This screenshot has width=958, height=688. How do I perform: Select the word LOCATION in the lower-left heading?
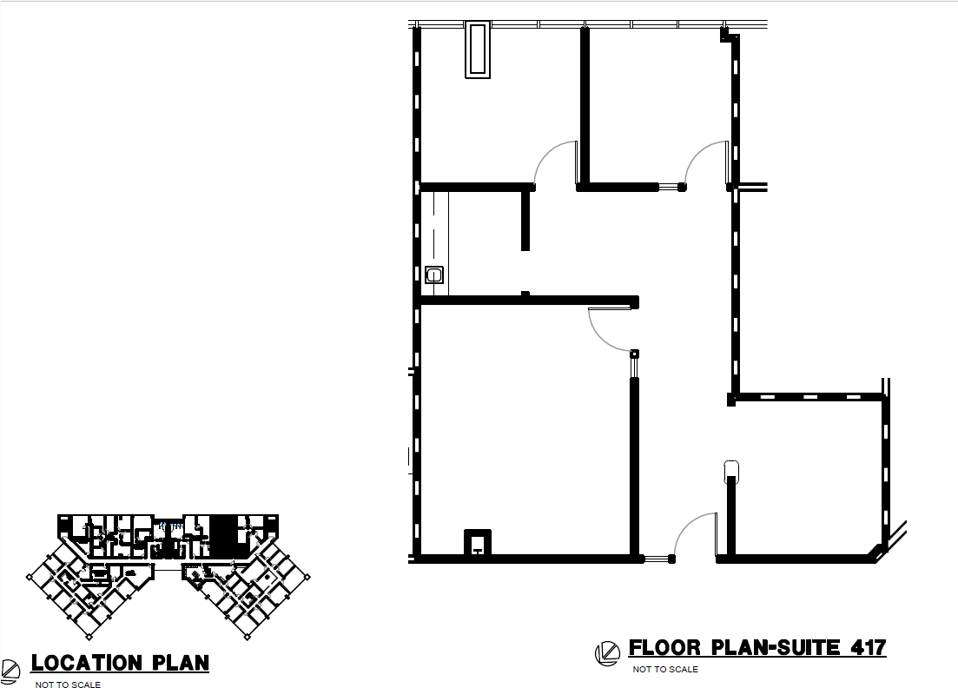[x=86, y=663]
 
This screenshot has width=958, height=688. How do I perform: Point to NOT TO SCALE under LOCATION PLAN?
[x=68, y=685]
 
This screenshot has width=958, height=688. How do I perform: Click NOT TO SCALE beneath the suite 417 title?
[x=665, y=670]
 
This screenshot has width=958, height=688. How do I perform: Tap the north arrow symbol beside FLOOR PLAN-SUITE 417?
[x=607, y=653]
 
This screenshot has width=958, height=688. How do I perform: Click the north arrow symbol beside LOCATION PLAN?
[x=10, y=671]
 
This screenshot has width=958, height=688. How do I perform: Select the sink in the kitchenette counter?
[x=433, y=275]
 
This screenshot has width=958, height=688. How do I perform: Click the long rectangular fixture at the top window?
[x=478, y=50]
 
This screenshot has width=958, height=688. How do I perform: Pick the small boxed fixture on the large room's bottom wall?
[x=478, y=543]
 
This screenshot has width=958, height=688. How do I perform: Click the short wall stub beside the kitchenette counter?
[x=525, y=220]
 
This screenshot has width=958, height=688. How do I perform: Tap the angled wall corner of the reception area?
[x=877, y=552]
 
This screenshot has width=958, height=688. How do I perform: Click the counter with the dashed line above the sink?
[x=434, y=243]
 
